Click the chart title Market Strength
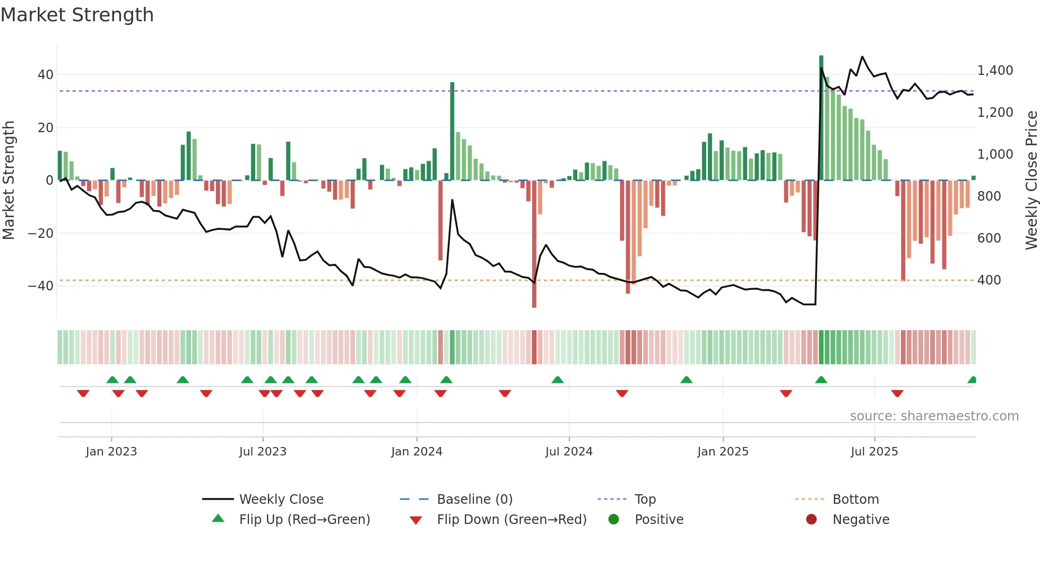point(77,15)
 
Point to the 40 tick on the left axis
point(46,75)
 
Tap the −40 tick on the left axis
point(41,286)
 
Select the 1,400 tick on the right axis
point(995,71)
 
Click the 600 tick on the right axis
point(989,238)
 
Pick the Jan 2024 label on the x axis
point(417,452)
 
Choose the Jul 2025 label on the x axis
point(874,452)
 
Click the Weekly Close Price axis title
point(1031,180)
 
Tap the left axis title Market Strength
point(9,180)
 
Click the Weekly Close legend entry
point(281,500)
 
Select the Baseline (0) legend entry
point(474,500)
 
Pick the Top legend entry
point(645,500)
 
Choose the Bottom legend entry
point(855,500)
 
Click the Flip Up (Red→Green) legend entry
point(304,520)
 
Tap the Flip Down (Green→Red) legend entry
point(512,520)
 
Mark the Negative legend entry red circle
point(811,520)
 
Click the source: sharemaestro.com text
point(934,416)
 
